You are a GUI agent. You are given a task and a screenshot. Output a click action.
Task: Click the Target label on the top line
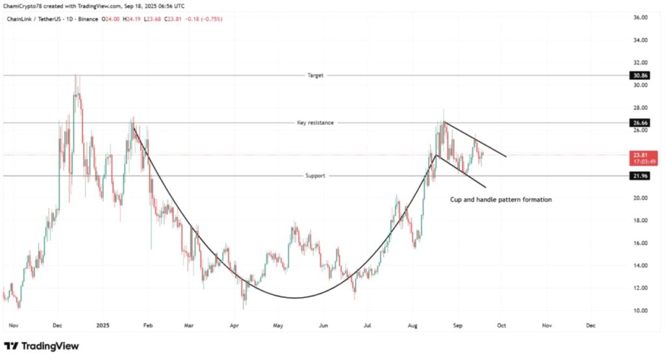315,75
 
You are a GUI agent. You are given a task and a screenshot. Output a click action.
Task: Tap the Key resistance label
315,122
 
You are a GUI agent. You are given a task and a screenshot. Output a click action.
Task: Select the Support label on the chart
315,175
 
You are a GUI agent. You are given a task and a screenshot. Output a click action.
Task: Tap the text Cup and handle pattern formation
501,199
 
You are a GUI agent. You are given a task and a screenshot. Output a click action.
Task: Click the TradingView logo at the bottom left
42,346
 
